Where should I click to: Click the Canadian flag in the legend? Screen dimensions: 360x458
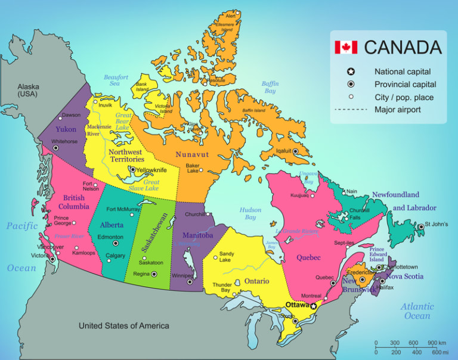tap(345, 47)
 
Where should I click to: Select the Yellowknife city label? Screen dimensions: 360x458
tap(151, 170)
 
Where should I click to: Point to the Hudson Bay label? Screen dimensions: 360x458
tap(250, 213)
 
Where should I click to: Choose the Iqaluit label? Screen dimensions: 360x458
tap(283, 151)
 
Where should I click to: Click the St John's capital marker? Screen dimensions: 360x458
tap(420, 225)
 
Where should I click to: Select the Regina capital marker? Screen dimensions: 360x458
tap(154, 274)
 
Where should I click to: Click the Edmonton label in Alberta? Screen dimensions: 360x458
tap(110, 237)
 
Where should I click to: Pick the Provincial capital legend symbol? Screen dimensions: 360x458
tap(351, 84)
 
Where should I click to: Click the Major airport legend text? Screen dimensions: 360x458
tap(398, 110)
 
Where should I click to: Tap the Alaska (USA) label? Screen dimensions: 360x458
tap(27, 90)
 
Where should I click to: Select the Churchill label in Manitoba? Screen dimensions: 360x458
tap(195, 215)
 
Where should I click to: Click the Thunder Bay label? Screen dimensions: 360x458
tap(222, 288)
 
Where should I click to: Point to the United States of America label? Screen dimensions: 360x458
tap(124, 325)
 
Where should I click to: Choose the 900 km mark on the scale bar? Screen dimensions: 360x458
tap(432, 343)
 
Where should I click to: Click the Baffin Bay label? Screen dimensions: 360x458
tap(270, 88)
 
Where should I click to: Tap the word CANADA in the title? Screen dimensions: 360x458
tap(403, 47)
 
